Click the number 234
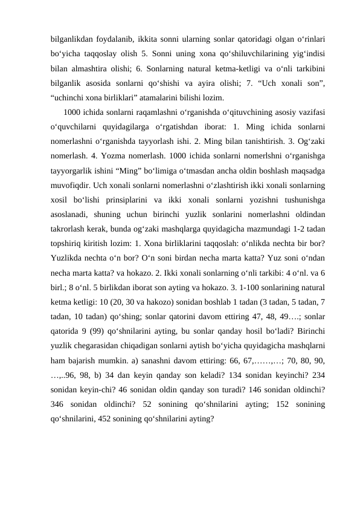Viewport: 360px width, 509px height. [315, 377]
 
